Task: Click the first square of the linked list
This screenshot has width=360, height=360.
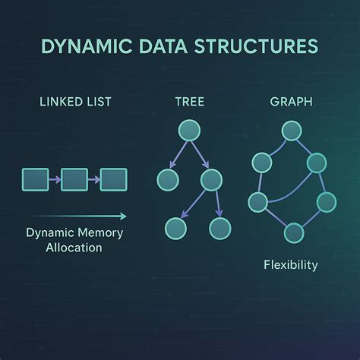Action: (36, 179)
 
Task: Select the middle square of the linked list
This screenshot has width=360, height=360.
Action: (74, 179)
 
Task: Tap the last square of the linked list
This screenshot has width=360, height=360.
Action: (113, 179)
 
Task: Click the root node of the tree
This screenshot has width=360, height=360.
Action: (188, 131)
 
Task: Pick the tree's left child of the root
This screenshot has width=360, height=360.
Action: (166, 180)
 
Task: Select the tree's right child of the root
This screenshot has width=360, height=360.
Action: (210, 180)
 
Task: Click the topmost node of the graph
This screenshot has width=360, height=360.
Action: (290, 131)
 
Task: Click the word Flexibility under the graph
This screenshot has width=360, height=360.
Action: (291, 265)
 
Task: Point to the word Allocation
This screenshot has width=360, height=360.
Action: (73, 248)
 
